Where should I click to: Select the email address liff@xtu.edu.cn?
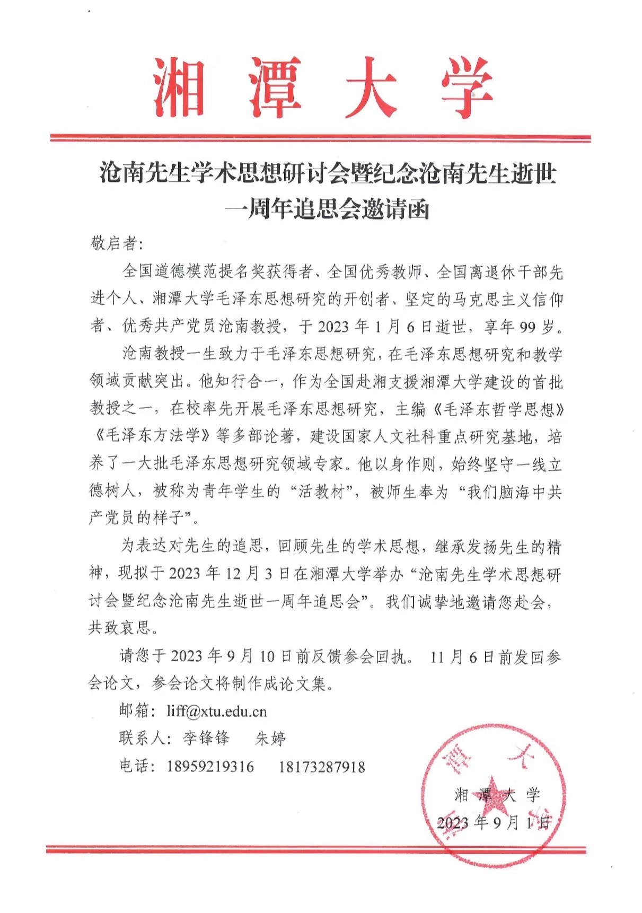pyautogui.click(x=216, y=711)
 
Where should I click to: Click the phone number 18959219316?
pyautogui.click(x=210, y=767)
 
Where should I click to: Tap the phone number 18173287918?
pyautogui.click(x=322, y=767)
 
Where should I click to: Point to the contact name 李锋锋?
pyautogui.click(x=206, y=738)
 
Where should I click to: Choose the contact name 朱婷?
pyautogui.click(x=270, y=738)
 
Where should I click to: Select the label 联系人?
pyautogui.click(x=143, y=738)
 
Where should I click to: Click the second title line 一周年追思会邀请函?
pyautogui.click(x=327, y=210)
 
